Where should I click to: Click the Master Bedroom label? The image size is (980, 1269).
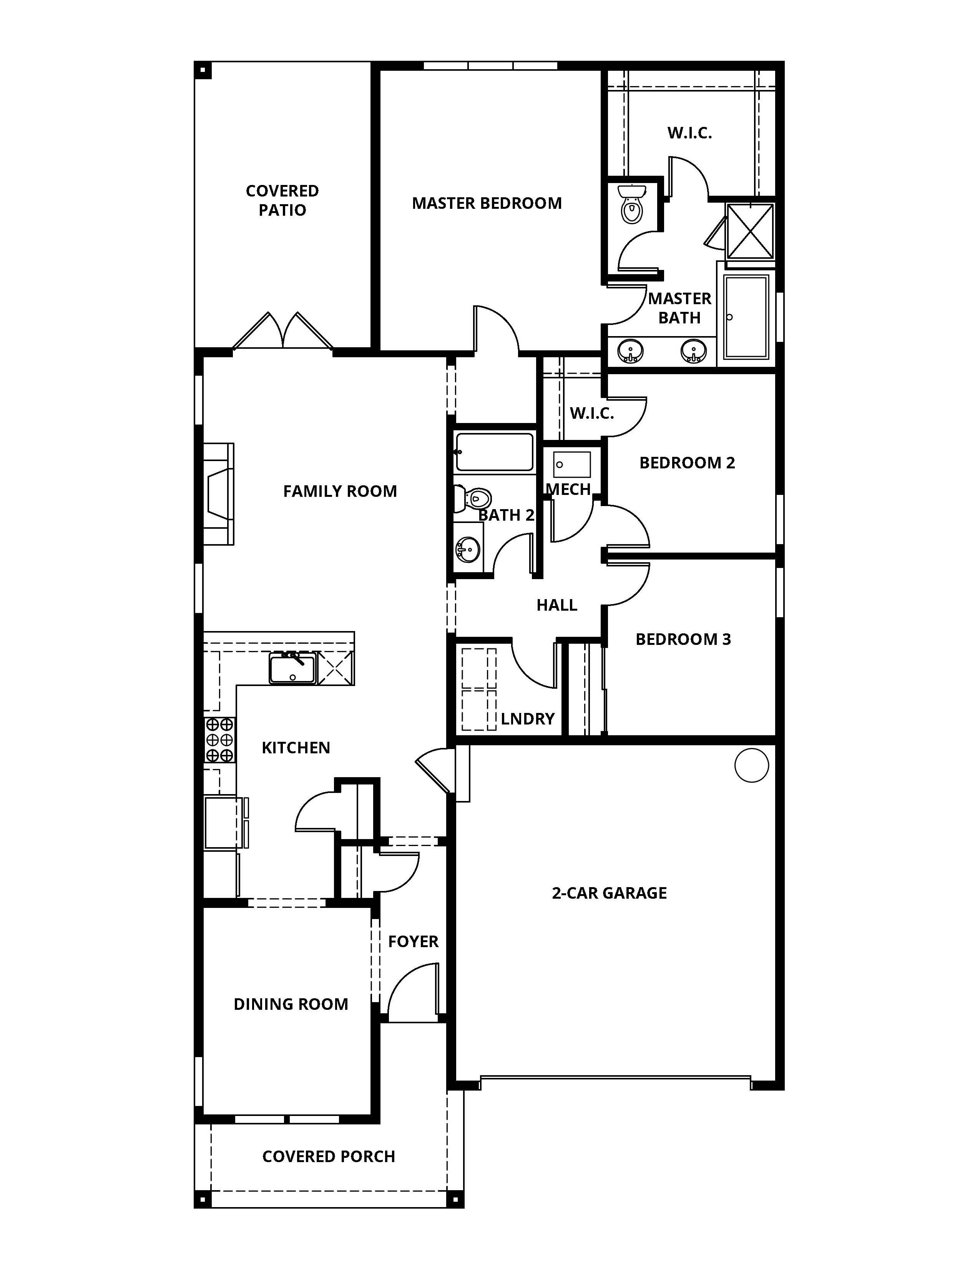point(487,203)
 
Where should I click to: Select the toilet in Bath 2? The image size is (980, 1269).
point(474,498)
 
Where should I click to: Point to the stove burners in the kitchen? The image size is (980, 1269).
point(219,739)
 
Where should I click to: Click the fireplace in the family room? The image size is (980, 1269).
point(219,494)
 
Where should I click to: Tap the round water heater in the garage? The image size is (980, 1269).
point(751,765)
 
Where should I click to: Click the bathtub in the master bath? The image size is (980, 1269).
point(746,316)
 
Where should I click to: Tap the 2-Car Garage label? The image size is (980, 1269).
point(609,893)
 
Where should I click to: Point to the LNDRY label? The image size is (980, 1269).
point(527,719)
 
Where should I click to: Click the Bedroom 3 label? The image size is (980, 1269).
point(683,639)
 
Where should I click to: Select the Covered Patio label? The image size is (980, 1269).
point(282,200)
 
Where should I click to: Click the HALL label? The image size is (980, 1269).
point(556,605)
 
